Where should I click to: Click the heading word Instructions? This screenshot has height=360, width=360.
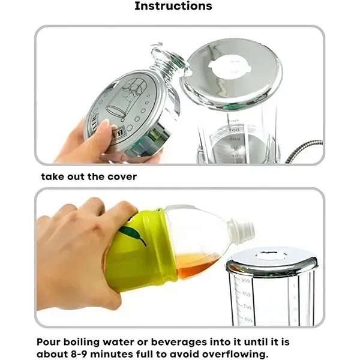[x=173, y=7]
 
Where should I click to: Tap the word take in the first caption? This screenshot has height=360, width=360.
[x=52, y=176]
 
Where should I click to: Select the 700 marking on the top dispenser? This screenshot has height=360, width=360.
[x=233, y=130]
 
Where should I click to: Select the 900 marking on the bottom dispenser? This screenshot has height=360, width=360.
[x=246, y=280]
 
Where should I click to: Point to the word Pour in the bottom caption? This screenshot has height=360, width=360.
[x=49, y=341]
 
